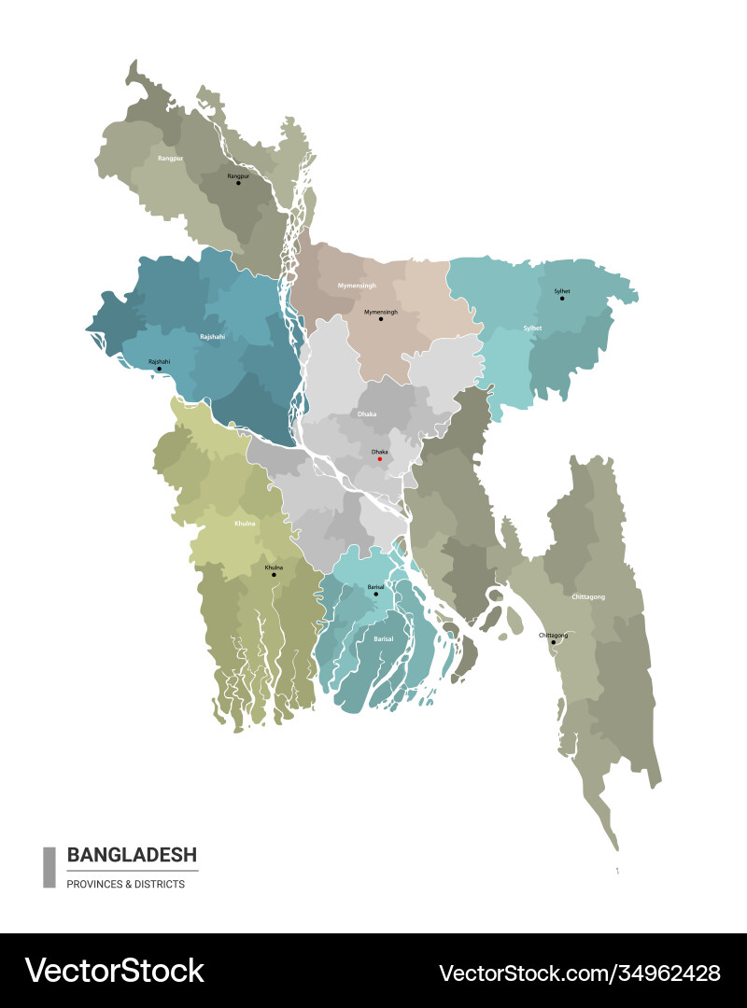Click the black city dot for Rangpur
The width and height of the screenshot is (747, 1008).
[x=238, y=183]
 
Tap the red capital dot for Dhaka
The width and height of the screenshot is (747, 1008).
[x=380, y=458]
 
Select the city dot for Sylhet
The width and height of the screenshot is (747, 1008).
[x=562, y=299]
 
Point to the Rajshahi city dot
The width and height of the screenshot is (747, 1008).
[x=159, y=369]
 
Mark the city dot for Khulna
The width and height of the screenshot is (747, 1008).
[x=274, y=575]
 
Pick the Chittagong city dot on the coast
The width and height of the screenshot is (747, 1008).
[x=553, y=642]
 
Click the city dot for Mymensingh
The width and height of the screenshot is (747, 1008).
[x=381, y=319]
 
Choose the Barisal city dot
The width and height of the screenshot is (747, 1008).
[x=376, y=594]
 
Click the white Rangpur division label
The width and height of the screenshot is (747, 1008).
[x=169, y=159]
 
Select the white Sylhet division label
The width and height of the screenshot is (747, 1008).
[x=532, y=329]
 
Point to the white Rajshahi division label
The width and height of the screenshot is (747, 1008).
[x=212, y=336]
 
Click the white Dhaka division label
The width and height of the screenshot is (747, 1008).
[x=366, y=413]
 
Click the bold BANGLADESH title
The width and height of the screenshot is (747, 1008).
[x=132, y=855]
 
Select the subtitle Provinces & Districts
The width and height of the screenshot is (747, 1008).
[x=125, y=884]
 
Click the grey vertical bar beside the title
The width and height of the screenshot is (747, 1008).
[x=49, y=867]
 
